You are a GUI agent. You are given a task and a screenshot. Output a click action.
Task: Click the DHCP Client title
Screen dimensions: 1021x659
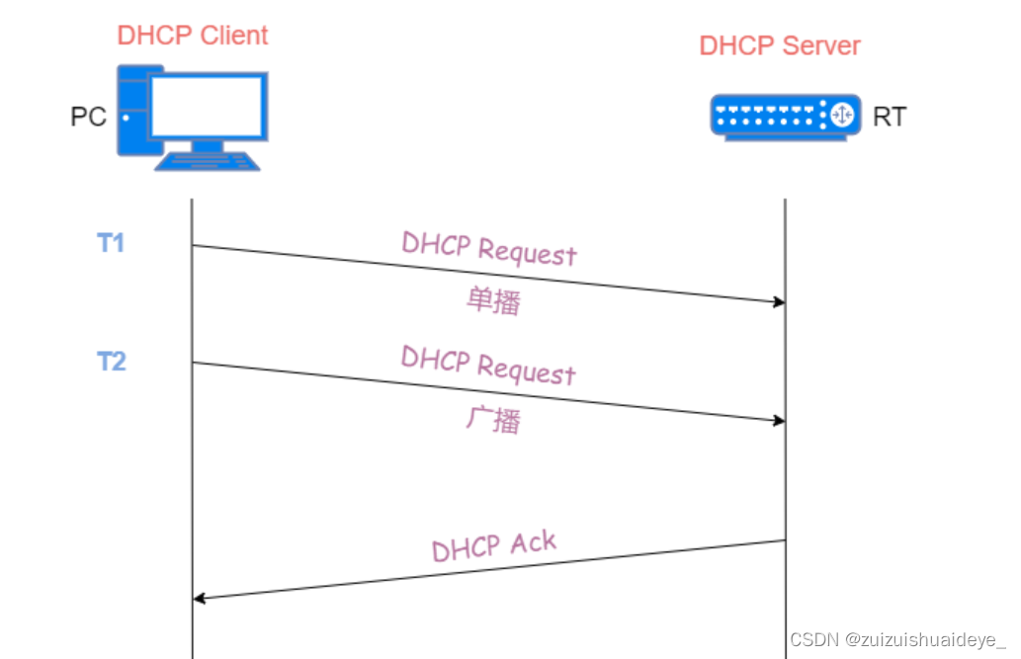(193, 36)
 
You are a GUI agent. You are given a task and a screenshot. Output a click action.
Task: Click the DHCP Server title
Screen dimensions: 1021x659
(780, 45)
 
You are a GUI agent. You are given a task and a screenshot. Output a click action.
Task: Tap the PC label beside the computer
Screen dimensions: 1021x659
(88, 117)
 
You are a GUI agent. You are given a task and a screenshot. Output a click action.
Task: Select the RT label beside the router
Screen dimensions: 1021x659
(889, 117)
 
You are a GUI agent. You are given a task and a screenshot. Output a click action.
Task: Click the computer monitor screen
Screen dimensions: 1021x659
(208, 107)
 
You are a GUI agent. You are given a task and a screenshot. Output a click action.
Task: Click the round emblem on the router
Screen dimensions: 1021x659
(841, 115)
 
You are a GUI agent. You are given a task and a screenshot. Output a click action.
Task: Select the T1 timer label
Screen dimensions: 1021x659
(111, 242)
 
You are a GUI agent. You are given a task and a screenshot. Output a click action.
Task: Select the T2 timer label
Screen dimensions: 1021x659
(111, 362)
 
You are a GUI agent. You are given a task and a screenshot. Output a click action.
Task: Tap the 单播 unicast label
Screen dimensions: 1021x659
(493, 302)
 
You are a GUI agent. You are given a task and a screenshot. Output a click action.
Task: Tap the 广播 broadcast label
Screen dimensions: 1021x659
(493, 421)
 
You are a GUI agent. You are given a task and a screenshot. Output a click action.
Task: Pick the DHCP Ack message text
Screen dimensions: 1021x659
(494, 546)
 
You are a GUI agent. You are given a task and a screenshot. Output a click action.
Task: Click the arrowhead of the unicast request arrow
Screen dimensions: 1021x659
(779, 301)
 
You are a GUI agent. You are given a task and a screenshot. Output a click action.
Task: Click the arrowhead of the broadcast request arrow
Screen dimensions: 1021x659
(779, 421)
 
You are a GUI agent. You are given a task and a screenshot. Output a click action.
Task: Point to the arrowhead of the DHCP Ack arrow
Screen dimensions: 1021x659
(199, 598)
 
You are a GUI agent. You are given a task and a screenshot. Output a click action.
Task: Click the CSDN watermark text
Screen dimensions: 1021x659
(896, 639)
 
